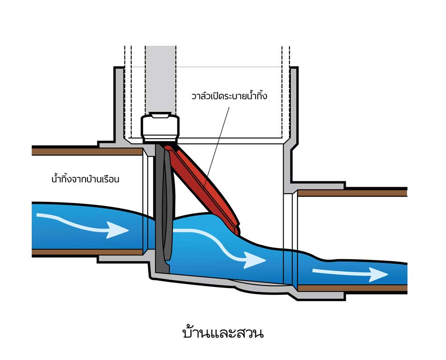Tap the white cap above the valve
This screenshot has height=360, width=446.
tap(160, 128)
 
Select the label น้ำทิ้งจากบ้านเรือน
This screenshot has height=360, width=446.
tap(86, 180)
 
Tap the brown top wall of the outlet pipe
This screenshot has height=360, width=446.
tap(352, 193)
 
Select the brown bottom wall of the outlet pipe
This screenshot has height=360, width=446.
tap(352, 288)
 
